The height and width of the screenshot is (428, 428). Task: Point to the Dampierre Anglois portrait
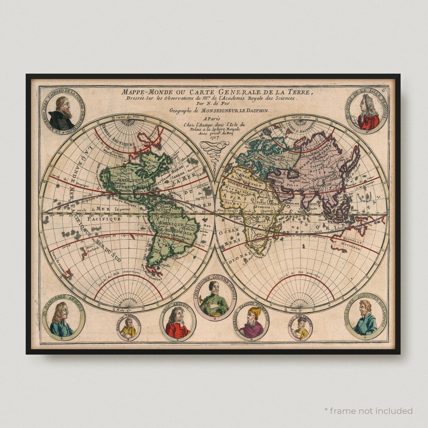63,319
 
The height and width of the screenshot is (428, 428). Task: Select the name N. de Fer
214,104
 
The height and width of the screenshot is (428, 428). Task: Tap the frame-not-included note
368,411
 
